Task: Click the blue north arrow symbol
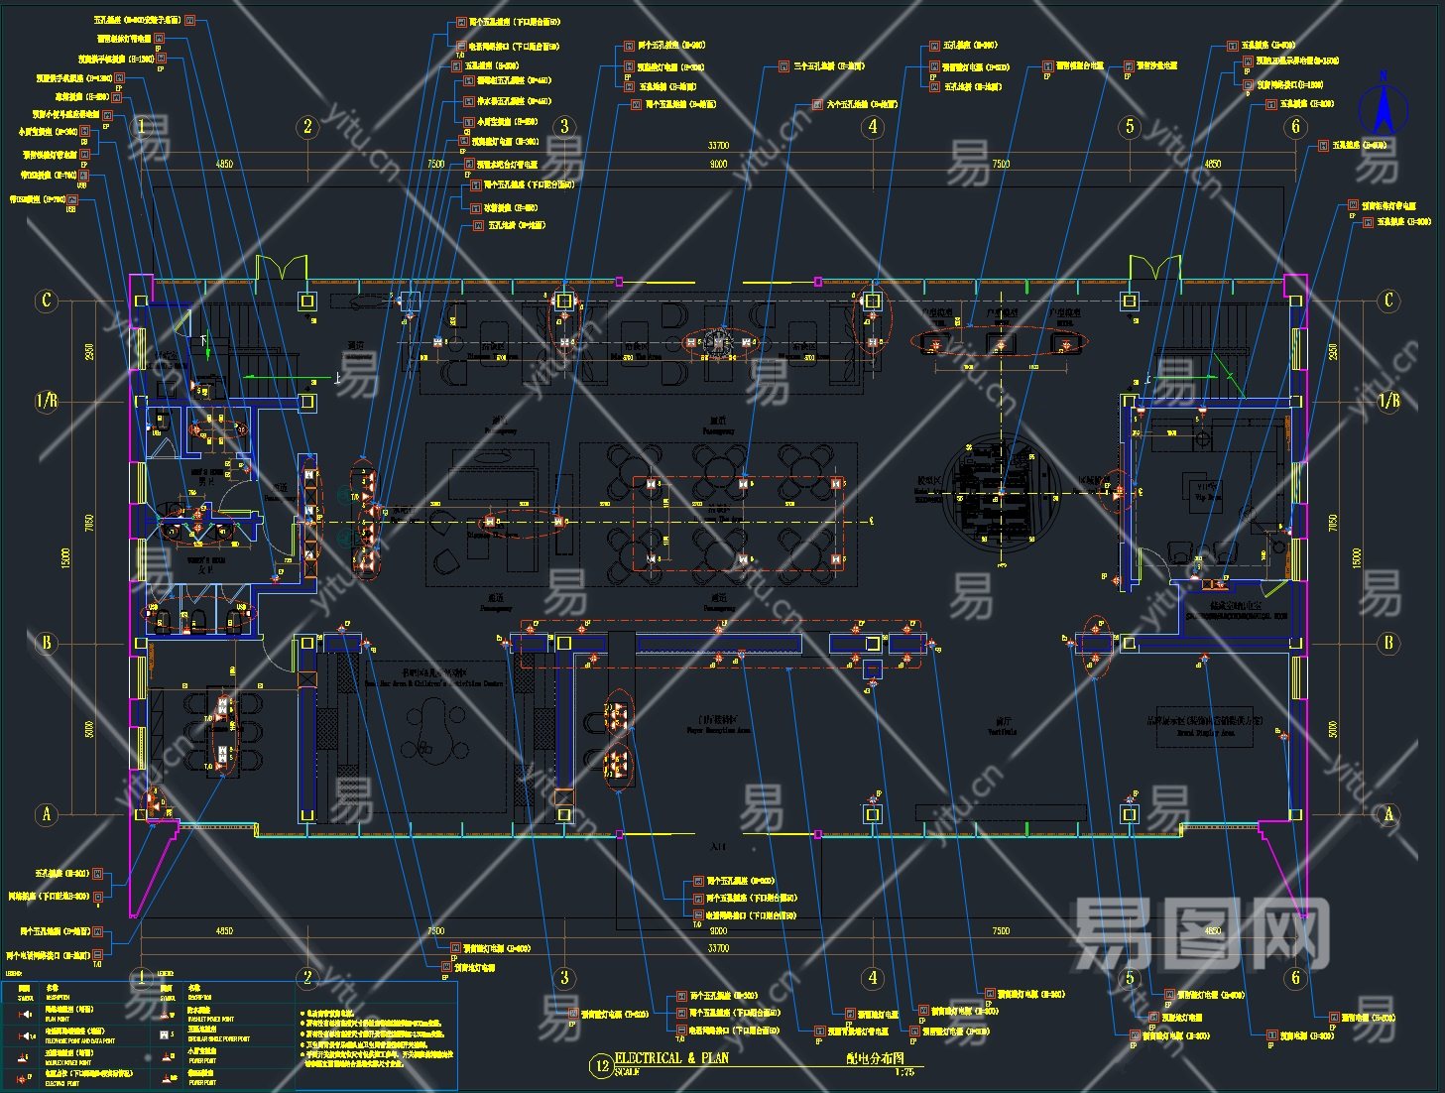click(1383, 107)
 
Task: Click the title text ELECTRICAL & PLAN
click(671, 1058)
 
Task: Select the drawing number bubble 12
click(601, 1066)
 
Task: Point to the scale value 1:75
click(903, 1071)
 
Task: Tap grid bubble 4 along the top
click(873, 126)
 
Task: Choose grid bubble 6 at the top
click(1295, 126)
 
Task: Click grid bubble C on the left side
click(46, 300)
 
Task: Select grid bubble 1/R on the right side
click(1388, 401)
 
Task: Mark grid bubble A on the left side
click(46, 814)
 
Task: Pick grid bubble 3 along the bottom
click(564, 978)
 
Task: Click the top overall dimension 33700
click(718, 146)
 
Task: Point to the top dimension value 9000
click(718, 164)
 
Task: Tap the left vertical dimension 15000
click(66, 557)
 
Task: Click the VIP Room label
click(1208, 492)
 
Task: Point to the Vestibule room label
click(1002, 727)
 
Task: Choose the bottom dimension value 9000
click(718, 930)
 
